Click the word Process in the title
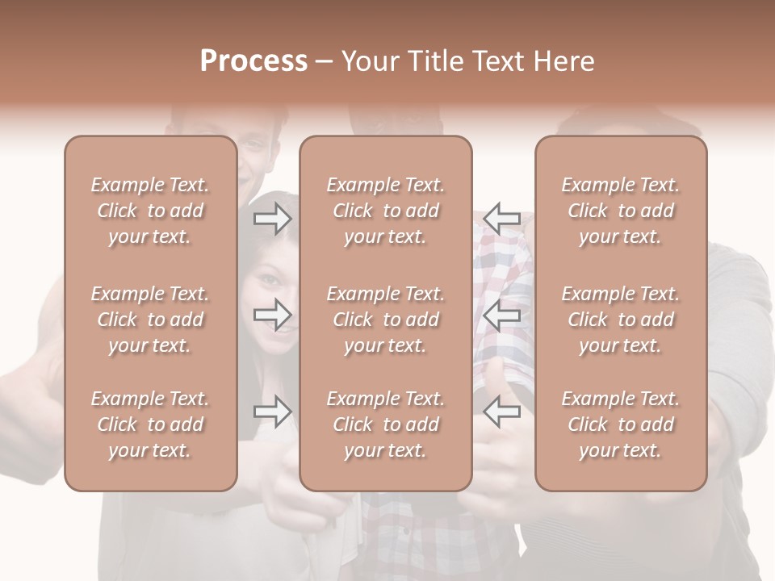click(x=253, y=61)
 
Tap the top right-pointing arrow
click(x=272, y=219)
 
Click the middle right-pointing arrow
click(x=272, y=315)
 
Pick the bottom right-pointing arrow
click(x=272, y=412)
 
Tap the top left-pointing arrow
click(x=501, y=219)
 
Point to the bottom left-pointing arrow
click(x=501, y=412)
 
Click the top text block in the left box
click(x=150, y=211)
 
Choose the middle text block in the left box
click(x=150, y=320)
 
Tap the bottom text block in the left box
click(x=150, y=424)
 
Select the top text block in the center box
click(x=385, y=211)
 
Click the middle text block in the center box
click(x=385, y=320)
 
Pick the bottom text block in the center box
click(x=385, y=424)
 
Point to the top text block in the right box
click(x=620, y=211)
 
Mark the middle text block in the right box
click(x=620, y=320)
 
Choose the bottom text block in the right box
click(x=620, y=424)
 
